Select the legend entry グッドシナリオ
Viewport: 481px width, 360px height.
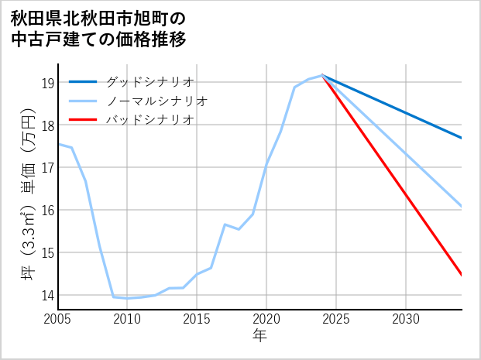[x=150, y=81]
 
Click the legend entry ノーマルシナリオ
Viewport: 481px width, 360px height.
[x=157, y=101]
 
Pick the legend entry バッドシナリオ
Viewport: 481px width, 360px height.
[x=150, y=120]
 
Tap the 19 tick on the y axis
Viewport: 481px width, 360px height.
[x=47, y=83]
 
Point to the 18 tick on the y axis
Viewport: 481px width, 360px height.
[x=47, y=125]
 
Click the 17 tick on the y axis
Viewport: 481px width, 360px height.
[x=47, y=168]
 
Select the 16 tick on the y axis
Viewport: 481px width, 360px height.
[x=47, y=211]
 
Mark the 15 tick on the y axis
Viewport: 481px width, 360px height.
[x=47, y=253]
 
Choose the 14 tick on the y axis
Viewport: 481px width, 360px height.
[x=47, y=296]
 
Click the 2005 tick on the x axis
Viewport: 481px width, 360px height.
[x=57, y=319]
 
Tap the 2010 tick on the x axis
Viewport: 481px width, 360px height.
[x=127, y=319]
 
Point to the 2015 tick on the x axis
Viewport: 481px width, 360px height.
[x=197, y=319]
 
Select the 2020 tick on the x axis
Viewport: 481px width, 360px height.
[x=266, y=319]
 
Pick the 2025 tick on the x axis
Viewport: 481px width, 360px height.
[x=336, y=319]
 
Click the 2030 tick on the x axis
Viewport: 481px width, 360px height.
[x=406, y=319]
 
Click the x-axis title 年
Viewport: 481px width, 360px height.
[x=259, y=336]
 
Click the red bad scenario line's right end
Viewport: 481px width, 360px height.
[x=461, y=274]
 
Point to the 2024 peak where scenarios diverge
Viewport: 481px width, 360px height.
[x=322, y=75]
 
